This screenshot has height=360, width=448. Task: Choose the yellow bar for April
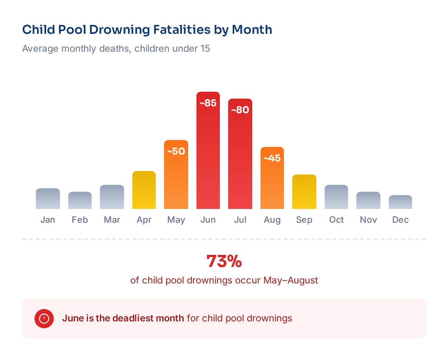pyautogui.click(x=144, y=190)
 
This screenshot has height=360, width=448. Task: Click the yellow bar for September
pyautogui.click(x=304, y=192)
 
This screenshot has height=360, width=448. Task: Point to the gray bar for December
pyautogui.click(x=400, y=202)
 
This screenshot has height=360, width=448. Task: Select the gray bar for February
pyautogui.click(x=80, y=200)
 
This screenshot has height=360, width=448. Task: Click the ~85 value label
pyautogui.click(x=208, y=103)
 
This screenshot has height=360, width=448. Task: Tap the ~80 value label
pyautogui.click(x=240, y=110)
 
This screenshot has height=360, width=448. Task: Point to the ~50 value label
pyautogui.click(x=176, y=151)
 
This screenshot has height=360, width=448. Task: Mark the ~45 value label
pyautogui.click(x=272, y=158)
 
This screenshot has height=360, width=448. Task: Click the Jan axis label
pyautogui.click(x=48, y=220)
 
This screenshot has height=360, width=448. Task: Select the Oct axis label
pyautogui.click(x=336, y=220)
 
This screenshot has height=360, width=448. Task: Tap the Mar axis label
pyautogui.click(x=112, y=220)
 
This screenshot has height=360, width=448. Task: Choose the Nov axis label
pyautogui.click(x=368, y=220)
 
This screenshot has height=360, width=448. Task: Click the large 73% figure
pyautogui.click(x=224, y=261)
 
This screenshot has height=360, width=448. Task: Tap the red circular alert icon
pyautogui.click(x=44, y=318)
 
